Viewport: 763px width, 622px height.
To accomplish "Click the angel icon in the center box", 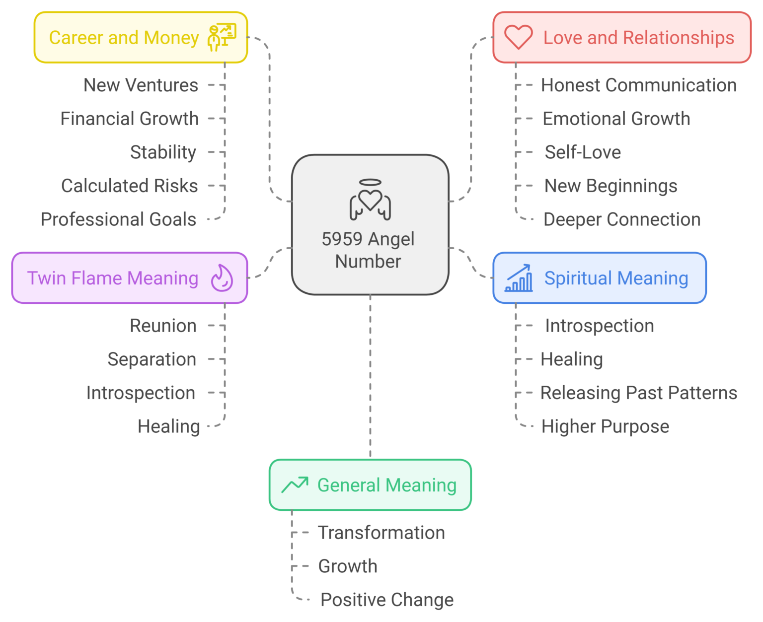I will pyautogui.click(x=370, y=200).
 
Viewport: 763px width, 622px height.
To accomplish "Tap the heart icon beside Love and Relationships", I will pyautogui.click(x=518, y=38).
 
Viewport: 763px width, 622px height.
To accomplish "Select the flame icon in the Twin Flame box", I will pyautogui.click(x=222, y=278).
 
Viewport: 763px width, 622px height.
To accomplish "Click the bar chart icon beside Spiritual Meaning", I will pyautogui.click(x=519, y=278).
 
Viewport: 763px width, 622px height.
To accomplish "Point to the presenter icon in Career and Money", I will pyautogui.click(x=222, y=37).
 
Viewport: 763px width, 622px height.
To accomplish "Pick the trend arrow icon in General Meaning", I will pyautogui.click(x=295, y=484).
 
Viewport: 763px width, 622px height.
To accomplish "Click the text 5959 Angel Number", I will pyautogui.click(x=368, y=250).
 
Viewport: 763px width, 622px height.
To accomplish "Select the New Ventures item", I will pyautogui.click(x=141, y=85).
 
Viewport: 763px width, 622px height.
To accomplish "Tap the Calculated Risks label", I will pyautogui.click(x=129, y=186).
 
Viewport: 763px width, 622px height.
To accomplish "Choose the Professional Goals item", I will pyautogui.click(x=118, y=219).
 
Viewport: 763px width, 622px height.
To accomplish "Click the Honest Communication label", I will pyautogui.click(x=638, y=85).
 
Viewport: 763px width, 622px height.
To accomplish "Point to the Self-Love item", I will pyautogui.click(x=583, y=152).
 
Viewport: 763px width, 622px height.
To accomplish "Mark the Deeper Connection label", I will pyautogui.click(x=621, y=219).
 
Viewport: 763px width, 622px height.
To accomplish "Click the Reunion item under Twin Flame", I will pyautogui.click(x=163, y=326).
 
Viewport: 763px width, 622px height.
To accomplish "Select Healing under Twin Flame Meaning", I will pyautogui.click(x=168, y=426).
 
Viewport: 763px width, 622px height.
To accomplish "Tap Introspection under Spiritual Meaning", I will pyautogui.click(x=599, y=326).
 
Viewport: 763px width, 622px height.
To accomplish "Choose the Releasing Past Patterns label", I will pyautogui.click(x=638, y=393).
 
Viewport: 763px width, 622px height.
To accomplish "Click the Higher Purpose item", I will pyautogui.click(x=605, y=426).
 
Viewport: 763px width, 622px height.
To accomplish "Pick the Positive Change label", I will pyautogui.click(x=386, y=600).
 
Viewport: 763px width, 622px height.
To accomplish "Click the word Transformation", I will pyautogui.click(x=381, y=533).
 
